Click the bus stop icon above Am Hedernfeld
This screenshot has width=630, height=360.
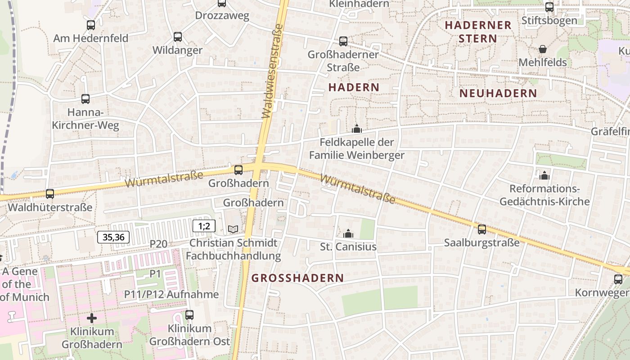[91, 25]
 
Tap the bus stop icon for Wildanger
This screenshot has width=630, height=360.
[178, 37]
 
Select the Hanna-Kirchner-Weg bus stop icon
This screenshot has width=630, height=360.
[85, 99]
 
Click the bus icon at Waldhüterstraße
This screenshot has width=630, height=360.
[50, 194]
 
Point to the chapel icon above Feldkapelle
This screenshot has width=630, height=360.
[357, 129]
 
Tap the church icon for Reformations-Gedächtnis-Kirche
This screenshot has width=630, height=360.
[544, 175]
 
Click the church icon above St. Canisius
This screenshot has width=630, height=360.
[348, 234]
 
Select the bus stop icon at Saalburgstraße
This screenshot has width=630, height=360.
[482, 229]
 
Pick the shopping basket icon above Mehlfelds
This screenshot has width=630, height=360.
[543, 49]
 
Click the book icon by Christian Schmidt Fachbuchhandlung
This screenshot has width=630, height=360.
[233, 229]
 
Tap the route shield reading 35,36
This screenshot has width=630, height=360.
[113, 237]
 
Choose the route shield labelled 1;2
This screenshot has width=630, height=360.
[204, 226]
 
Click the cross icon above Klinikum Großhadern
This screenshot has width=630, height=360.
[92, 319]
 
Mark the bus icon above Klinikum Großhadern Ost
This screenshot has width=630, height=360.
[189, 315]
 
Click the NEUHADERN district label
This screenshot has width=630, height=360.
[498, 93]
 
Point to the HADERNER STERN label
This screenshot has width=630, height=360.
[478, 31]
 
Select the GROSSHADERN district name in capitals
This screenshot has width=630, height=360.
[297, 278]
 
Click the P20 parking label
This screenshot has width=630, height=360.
[158, 244]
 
